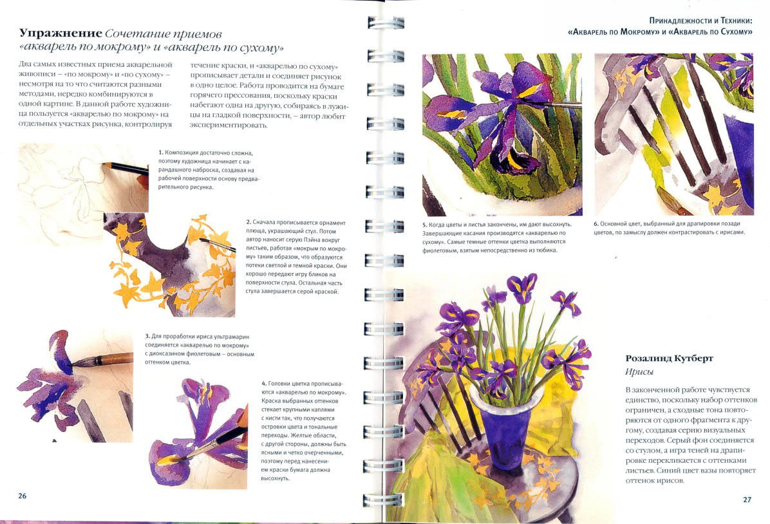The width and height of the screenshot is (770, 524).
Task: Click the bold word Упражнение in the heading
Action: coord(60,34)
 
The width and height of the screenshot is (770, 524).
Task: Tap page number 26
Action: coord(22,496)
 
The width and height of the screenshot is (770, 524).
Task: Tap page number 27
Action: coord(747,500)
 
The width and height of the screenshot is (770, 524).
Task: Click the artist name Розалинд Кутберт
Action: coord(670,358)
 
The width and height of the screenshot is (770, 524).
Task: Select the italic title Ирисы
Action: coord(639,372)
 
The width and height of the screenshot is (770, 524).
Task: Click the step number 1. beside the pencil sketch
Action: coord(160,153)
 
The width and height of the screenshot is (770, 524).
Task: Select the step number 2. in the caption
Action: coord(249,223)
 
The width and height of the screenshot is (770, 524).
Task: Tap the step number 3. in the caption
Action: coord(147,337)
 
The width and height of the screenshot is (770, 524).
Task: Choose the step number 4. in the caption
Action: coord(264,384)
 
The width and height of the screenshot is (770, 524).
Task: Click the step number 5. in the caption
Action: coord(425,225)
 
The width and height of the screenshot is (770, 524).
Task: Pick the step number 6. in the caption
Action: coord(596,224)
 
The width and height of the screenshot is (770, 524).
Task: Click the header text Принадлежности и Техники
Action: coord(700,21)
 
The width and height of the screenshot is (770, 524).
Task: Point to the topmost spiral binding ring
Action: coord(386,23)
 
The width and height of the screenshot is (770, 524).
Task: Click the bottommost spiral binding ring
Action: coord(383,500)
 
